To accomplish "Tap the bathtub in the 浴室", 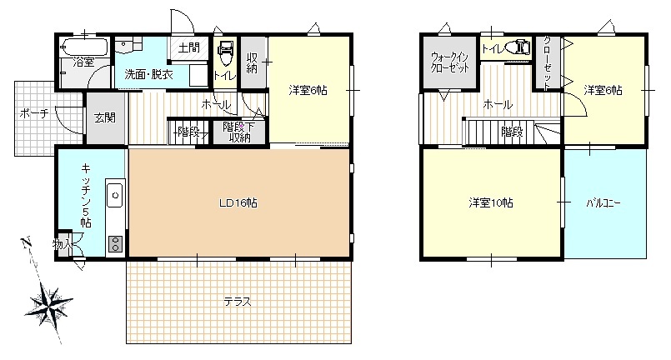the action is pyautogui.click(x=84, y=47).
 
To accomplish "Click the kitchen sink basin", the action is pyautogui.click(x=115, y=195).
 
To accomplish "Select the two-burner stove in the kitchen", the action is pyautogui.click(x=115, y=244).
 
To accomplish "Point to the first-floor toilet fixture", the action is pyautogui.click(x=226, y=52).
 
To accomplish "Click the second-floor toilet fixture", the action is pyautogui.click(x=518, y=47).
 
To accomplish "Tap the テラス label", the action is pyautogui.click(x=238, y=302).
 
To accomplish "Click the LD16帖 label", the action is pyautogui.click(x=238, y=202).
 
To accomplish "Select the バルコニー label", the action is pyautogui.click(x=603, y=202).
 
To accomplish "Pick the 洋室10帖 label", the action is pyautogui.click(x=491, y=202).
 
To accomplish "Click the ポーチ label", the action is pyautogui.click(x=34, y=114).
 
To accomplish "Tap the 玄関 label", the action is pyautogui.click(x=105, y=117).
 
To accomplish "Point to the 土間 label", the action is pyautogui.click(x=188, y=47).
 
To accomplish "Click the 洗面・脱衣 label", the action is pyautogui.click(x=149, y=74).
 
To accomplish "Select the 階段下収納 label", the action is pyautogui.click(x=238, y=132).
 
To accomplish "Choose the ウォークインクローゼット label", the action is pyautogui.click(x=450, y=62).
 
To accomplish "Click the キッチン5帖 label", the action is pyautogui.click(x=86, y=195).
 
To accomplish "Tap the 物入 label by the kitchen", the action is pyautogui.click(x=63, y=244).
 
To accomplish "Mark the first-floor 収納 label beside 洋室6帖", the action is pyautogui.click(x=252, y=62).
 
